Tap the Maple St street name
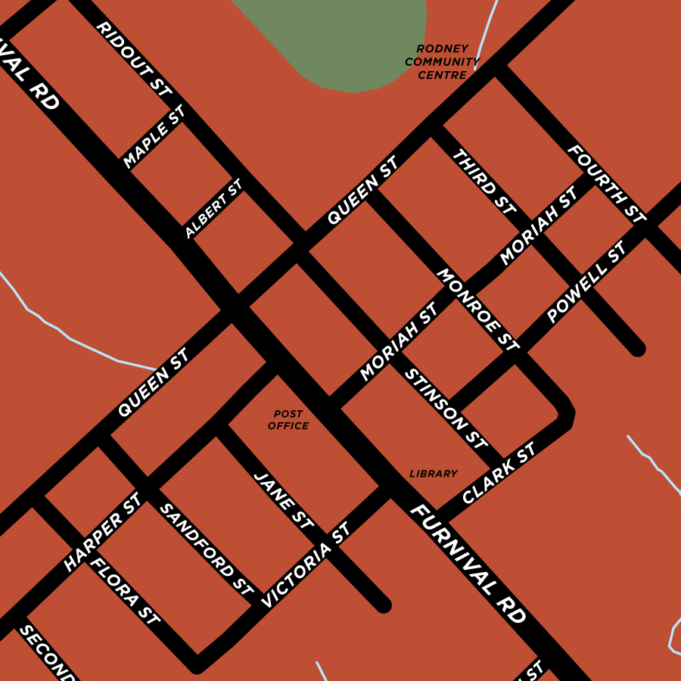tap(154, 137)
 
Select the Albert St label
tap(213, 208)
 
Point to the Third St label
tap(484, 181)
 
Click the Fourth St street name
tap(607, 184)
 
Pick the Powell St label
tap(586, 281)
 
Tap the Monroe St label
tap(478, 309)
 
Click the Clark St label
tap(499, 474)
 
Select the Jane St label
tap(284, 500)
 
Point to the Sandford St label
tap(205, 549)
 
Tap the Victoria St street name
tap(306, 565)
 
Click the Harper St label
tap(103, 532)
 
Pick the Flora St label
tap(125, 592)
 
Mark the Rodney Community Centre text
tap(442, 62)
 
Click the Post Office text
tap(288, 420)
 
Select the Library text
tap(434, 474)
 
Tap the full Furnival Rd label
tap(468, 564)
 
